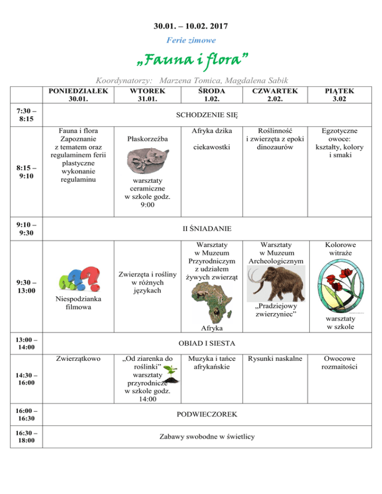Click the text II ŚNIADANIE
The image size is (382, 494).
207,229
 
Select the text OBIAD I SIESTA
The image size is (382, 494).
207,343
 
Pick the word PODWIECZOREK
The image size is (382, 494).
207,414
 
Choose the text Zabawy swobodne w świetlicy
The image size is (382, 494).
207,436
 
